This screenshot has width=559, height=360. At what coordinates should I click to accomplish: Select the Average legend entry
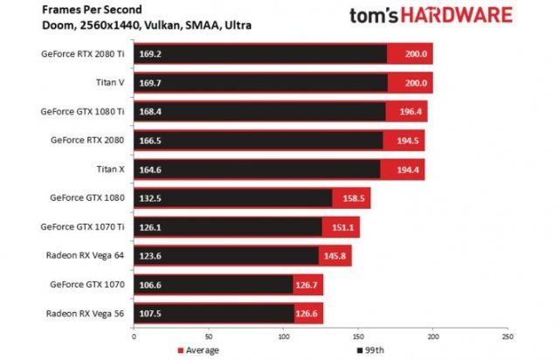pos(198,350)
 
